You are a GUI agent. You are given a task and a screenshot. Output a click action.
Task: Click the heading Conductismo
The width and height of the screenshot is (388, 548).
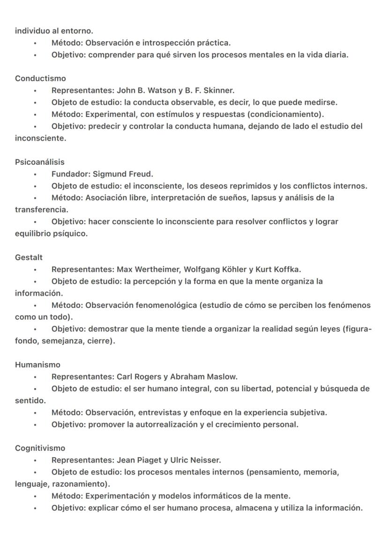(x=40, y=78)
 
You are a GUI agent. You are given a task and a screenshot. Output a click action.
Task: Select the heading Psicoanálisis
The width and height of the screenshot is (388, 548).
(x=40, y=162)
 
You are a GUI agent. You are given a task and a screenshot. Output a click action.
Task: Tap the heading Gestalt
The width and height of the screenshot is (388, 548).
(x=29, y=257)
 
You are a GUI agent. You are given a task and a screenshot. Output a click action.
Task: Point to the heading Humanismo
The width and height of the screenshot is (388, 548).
(x=37, y=365)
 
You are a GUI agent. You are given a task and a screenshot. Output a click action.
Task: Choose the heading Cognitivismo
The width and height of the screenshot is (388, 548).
(x=40, y=448)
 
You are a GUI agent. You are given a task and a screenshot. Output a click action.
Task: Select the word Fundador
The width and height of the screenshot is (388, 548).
(x=70, y=174)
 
